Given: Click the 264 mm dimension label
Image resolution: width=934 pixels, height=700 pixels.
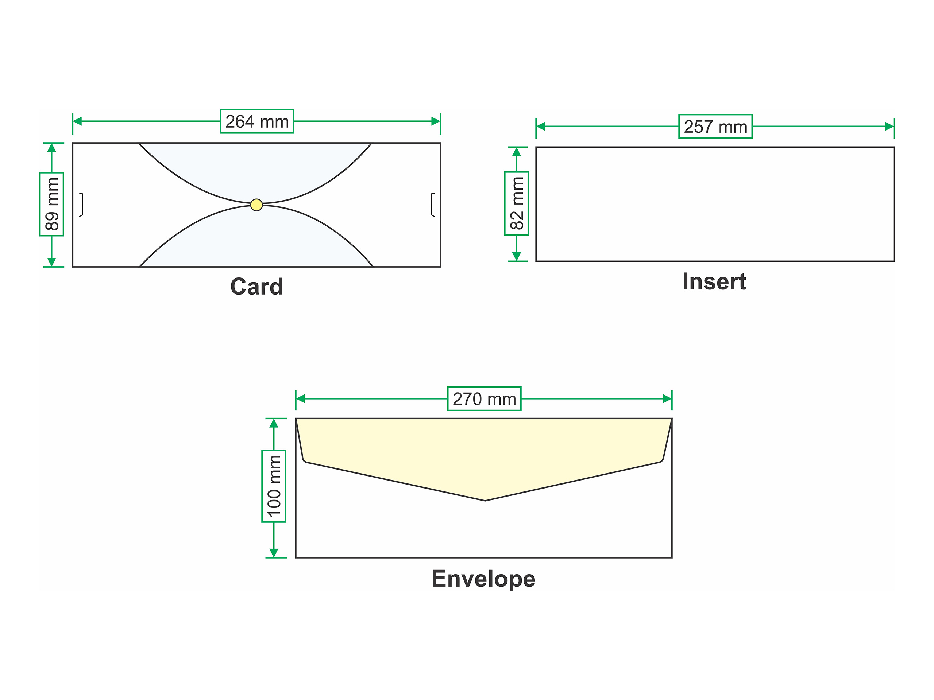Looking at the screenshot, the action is click(257, 121).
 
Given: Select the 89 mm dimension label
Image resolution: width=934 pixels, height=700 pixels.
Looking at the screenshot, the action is click(51, 204).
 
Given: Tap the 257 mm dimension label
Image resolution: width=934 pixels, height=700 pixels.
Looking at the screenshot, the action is click(715, 127).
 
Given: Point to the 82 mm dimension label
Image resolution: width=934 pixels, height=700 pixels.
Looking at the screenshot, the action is click(516, 203).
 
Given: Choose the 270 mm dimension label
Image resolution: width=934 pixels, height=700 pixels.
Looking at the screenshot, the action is click(484, 399).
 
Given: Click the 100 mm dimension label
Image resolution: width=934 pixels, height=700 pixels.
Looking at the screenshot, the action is click(274, 486).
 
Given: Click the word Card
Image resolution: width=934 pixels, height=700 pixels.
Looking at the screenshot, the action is click(257, 287).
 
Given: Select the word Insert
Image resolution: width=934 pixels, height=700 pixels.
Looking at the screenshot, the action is click(714, 281).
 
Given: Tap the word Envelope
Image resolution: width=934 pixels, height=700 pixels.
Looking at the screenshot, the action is click(483, 579).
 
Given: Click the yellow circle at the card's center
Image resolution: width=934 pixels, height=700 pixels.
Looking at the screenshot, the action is click(256, 205).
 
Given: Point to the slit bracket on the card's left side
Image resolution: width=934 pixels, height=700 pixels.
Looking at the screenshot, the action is click(81, 205).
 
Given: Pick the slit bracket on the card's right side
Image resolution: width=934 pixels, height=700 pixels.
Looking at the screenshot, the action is click(432, 205).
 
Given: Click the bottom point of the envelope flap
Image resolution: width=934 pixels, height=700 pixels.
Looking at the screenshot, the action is click(485, 501).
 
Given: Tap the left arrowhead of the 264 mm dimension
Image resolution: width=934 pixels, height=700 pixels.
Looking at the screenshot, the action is click(77, 121).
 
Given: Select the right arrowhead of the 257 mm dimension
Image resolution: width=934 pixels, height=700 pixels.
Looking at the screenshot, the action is click(889, 127).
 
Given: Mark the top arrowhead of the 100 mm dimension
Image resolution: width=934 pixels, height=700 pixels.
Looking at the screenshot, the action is click(274, 424).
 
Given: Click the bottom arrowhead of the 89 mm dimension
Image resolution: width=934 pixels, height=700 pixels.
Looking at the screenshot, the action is click(51, 262).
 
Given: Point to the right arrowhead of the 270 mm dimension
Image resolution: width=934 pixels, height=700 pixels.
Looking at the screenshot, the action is click(667, 399).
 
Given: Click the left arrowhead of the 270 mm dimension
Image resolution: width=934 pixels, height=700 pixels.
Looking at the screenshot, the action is click(301, 399).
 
